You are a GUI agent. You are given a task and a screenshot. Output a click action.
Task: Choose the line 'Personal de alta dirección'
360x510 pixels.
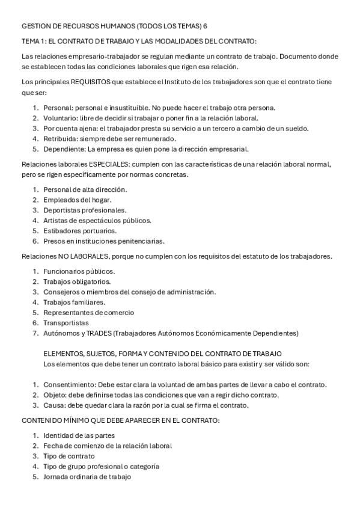pyautogui.click(x=85, y=189)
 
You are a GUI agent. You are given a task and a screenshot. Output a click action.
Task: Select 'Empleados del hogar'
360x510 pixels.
pyautogui.click(x=77, y=200)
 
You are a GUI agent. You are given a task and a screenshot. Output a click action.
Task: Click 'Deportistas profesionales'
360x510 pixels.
pyautogui.click(x=85, y=210)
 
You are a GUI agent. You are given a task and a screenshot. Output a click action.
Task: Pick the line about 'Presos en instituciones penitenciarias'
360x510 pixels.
pyautogui.click(x=103, y=241)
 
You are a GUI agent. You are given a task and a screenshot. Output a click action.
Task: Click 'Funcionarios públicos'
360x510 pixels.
pyautogui.click(x=79, y=271)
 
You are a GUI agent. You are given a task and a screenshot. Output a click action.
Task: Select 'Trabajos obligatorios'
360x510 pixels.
pyautogui.click(x=79, y=281)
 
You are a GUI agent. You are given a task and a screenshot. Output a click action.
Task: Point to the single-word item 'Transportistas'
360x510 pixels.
pyautogui.click(x=66, y=322)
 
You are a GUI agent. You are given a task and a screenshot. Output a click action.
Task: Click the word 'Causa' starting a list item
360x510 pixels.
pyautogui.click(x=54, y=405)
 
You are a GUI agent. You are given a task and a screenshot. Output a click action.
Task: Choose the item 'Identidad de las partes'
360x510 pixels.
pyautogui.click(x=79, y=435)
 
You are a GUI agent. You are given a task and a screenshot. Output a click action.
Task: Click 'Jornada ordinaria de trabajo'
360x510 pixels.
pyautogui.click(x=87, y=476)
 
